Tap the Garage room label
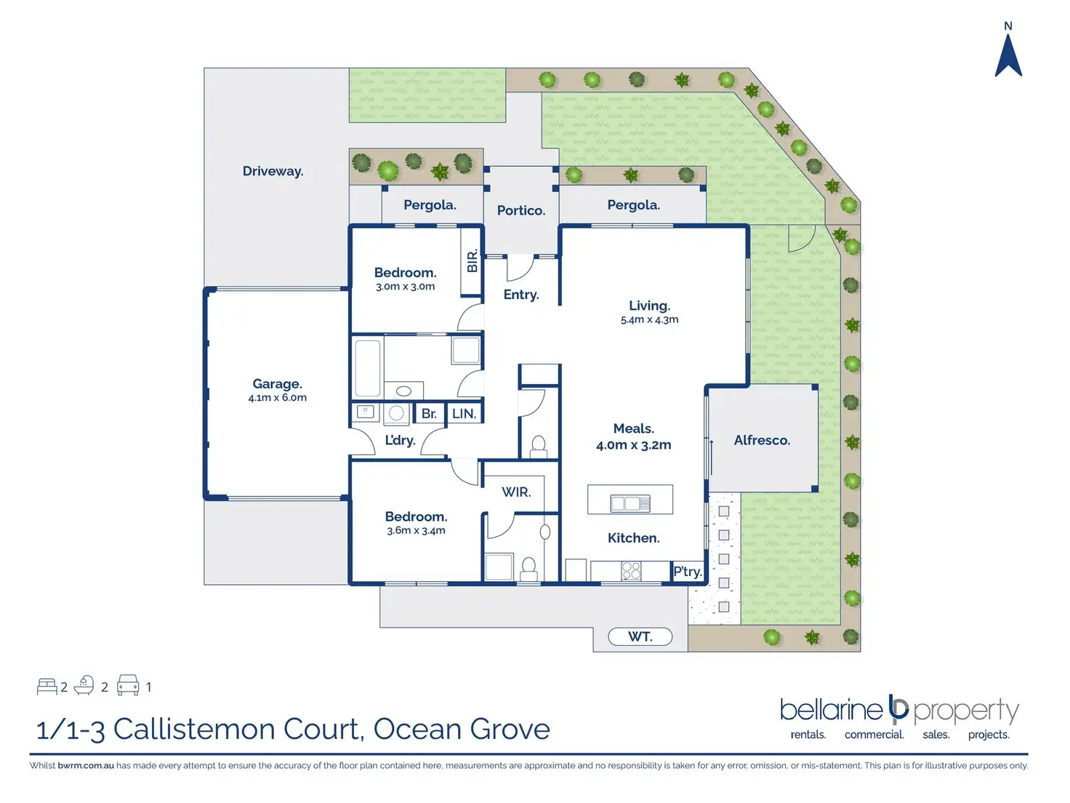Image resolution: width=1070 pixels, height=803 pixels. [x=277, y=384]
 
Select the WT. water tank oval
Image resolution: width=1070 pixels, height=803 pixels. [x=640, y=636]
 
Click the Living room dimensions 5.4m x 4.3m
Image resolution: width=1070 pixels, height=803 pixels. [x=649, y=320]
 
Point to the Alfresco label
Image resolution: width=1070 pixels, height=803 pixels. [x=762, y=440]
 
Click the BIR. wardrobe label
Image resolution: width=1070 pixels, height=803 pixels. [x=472, y=261]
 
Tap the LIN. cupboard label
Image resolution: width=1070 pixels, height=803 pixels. [x=464, y=414]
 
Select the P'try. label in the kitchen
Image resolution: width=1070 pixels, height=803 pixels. [x=688, y=571]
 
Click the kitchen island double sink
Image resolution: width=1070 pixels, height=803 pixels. [x=629, y=503]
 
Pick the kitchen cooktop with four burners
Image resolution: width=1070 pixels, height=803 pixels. [x=631, y=571]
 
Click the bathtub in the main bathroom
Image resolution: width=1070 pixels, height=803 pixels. [x=367, y=368]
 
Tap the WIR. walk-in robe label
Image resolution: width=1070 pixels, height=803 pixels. [x=516, y=492]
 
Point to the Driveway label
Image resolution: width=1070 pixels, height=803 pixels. [x=273, y=171]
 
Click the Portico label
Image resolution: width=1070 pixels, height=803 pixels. [x=520, y=211]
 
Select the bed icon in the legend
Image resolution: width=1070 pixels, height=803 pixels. [x=47, y=687]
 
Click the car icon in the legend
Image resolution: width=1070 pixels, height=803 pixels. [x=128, y=685]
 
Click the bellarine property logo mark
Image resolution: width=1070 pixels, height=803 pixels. [x=898, y=710]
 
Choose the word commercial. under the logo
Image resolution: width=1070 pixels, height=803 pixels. [x=874, y=734]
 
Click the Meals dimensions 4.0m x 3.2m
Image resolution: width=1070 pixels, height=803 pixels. [x=633, y=444]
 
